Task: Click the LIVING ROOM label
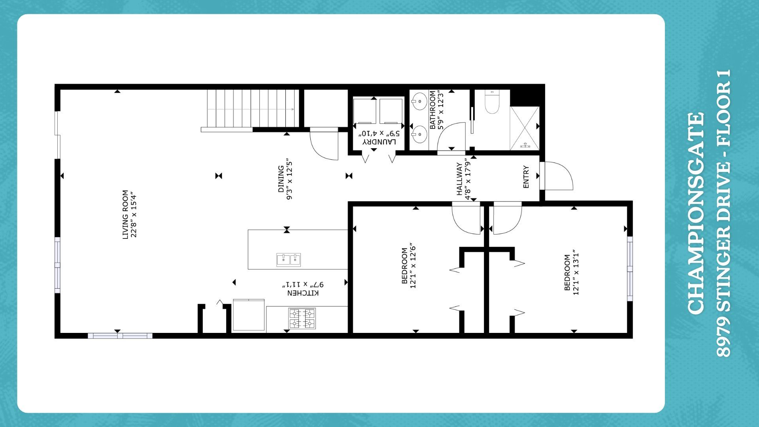tap(125, 215)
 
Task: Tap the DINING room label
tap(281, 179)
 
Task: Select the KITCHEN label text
tap(303, 293)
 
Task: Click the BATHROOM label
tap(432, 110)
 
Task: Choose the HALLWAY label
tap(460, 179)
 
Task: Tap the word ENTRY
tap(526, 177)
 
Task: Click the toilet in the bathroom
tap(492, 102)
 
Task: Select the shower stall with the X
tap(525, 128)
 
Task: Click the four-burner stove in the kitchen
tap(302, 319)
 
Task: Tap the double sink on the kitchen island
tap(289, 260)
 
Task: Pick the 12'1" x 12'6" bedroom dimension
tap(413, 266)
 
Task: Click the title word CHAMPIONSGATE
tap(696, 213)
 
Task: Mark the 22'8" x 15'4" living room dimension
tap(134, 215)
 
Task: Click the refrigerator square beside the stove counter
tap(249, 315)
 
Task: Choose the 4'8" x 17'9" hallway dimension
tap(468, 179)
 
